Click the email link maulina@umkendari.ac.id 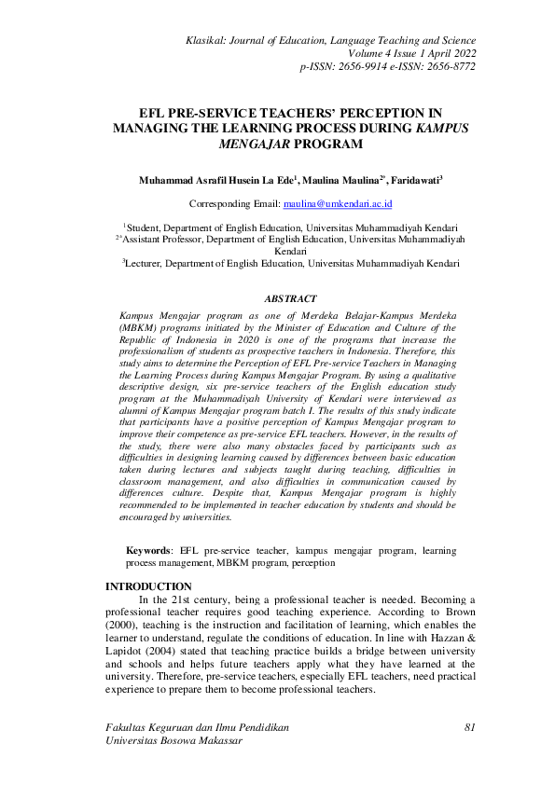click(x=351, y=203)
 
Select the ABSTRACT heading click(x=290, y=298)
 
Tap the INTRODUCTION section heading click(x=149, y=585)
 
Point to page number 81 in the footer click(x=469, y=725)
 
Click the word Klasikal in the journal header click(x=212, y=41)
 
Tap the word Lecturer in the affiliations click(x=150, y=264)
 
